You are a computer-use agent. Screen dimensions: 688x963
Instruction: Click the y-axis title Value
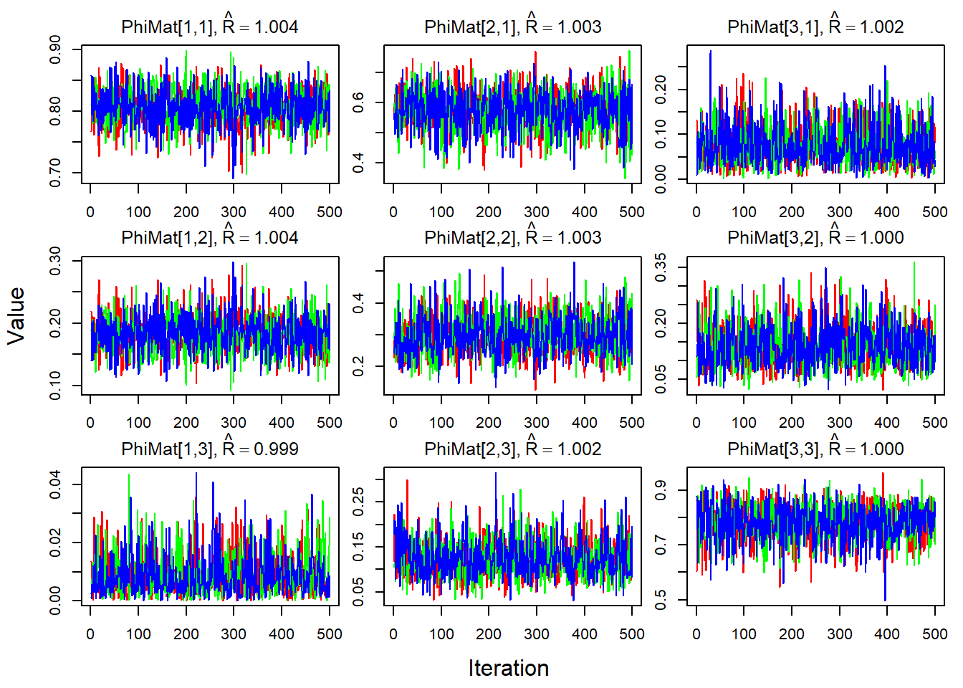(x=16, y=316)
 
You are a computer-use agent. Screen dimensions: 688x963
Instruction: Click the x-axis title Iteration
(x=508, y=668)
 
